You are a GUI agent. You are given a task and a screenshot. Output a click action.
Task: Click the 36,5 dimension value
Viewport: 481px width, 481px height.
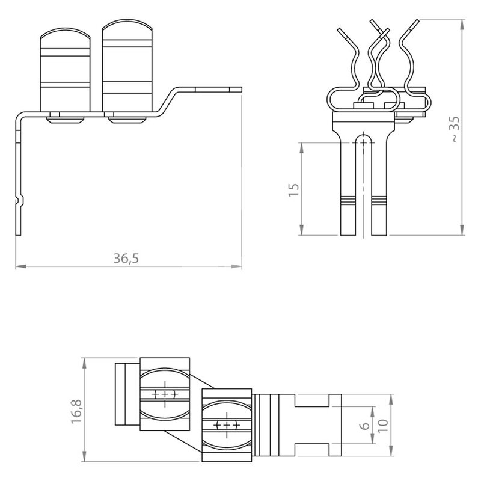click(x=126, y=259)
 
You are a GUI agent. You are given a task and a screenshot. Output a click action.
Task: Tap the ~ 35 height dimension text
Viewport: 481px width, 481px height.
click(x=455, y=129)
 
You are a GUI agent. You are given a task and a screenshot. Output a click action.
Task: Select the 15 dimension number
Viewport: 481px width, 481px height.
click(x=293, y=190)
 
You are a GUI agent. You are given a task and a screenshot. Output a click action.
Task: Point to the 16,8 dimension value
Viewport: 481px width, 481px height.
click(x=76, y=412)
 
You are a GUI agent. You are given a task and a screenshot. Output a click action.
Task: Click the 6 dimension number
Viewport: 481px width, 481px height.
click(x=364, y=426)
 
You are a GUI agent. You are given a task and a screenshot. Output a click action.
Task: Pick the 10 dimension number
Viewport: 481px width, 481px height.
click(x=382, y=426)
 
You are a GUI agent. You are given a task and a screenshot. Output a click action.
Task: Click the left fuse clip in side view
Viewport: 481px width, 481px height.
click(x=66, y=70)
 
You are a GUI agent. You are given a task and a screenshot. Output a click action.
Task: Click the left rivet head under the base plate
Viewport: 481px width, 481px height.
click(x=66, y=118)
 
